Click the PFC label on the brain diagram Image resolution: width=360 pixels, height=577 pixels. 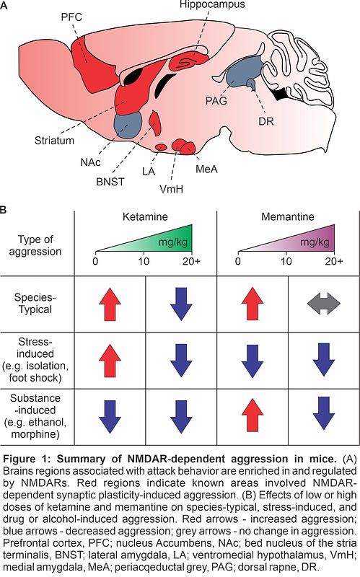(x=71, y=17)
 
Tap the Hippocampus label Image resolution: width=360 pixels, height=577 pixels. (x=212, y=4)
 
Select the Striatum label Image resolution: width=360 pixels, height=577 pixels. (x=54, y=140)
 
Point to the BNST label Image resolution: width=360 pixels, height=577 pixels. (x=110, y=182)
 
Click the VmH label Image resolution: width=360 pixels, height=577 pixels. (x=171, y=189)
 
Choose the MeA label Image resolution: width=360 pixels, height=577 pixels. (x=206, y=169)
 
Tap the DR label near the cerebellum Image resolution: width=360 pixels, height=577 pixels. (x=266, y=121)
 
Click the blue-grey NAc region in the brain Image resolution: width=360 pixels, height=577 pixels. (x=128, y=124)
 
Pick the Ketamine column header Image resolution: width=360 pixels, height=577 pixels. (x=145, y=216)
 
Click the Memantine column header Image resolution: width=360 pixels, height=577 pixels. (x=287, y=216)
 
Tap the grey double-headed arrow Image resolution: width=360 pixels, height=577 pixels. (x=323, y=304)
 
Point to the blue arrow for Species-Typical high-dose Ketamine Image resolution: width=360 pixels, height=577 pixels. (x=181, y=304)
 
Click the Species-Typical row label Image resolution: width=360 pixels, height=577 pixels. (x=35, y=303)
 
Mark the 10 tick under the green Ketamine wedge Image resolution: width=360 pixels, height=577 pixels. (x=144, y=261)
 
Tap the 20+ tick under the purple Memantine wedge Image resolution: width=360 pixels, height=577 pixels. (x=334, y=261)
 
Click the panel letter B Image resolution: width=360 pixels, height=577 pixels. (x=4, y=210)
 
